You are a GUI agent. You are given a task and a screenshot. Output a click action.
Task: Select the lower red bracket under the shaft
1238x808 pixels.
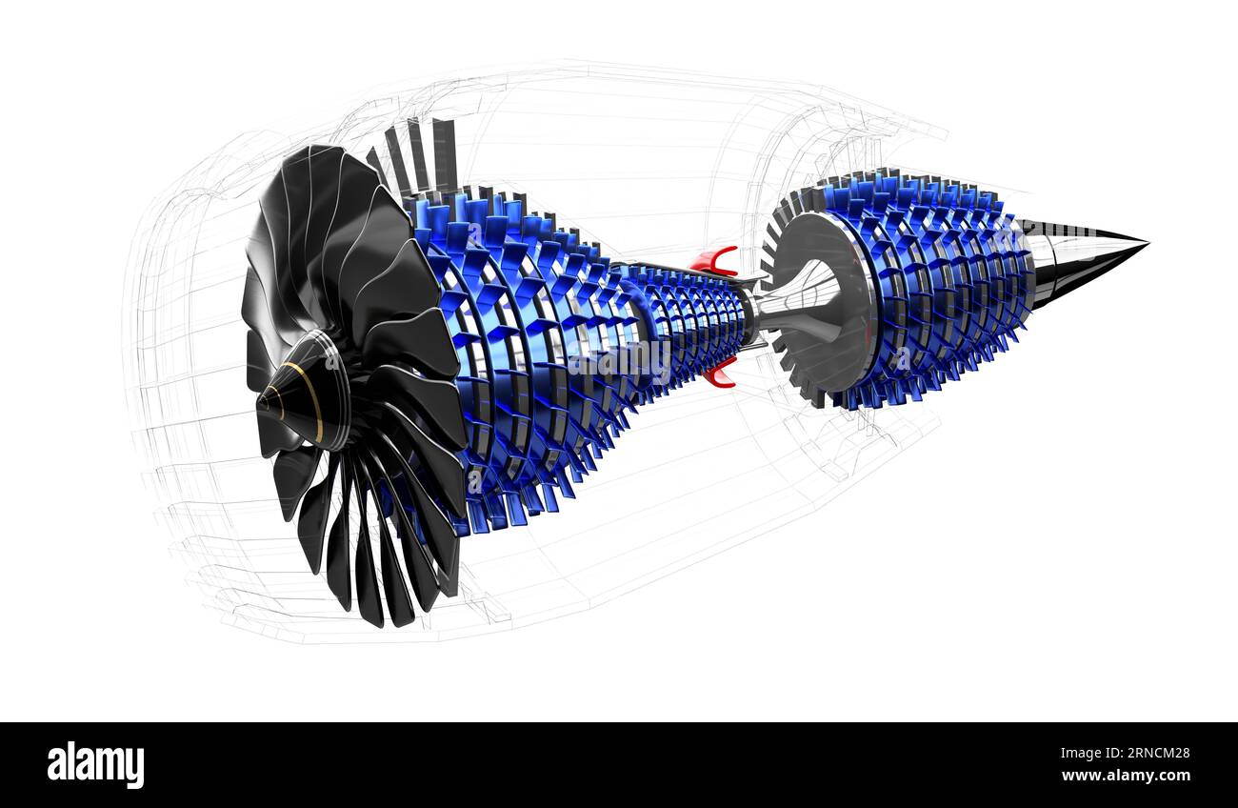720,374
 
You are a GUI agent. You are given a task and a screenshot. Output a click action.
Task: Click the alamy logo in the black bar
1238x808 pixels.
95,765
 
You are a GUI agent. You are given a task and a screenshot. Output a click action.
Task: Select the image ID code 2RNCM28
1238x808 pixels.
1155,753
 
